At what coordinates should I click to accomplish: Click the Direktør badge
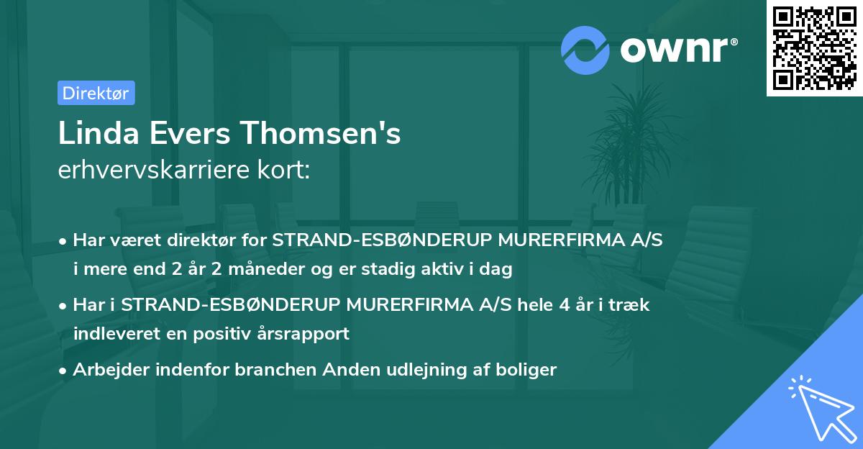(x=96, y=93)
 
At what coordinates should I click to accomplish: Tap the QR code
(x=814, y=48)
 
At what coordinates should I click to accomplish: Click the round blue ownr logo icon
(x=585, y=49)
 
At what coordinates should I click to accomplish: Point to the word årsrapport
(x=305, y=333)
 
